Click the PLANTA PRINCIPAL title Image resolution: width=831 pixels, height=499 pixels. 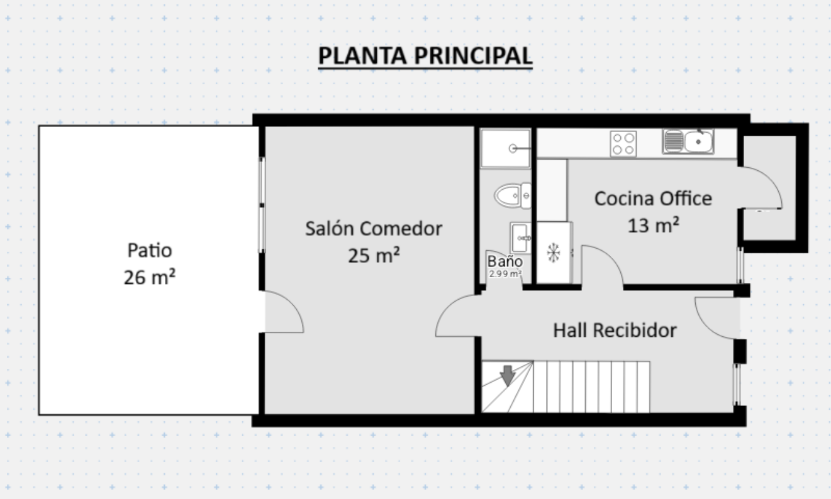pos(425,56)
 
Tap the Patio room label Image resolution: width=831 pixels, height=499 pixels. pos(150,250)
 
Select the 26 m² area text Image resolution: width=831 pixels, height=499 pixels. pos(149,277)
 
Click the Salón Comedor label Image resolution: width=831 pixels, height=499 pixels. pos(374,228)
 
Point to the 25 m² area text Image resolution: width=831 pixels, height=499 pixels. pos(374,255)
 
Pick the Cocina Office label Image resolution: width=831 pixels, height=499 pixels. pos(654,199)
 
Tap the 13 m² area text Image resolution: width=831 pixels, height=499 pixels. pos(654,225)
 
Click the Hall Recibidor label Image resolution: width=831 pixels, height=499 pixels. pos(615,331)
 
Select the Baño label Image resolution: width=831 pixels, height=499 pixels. pos(505,261)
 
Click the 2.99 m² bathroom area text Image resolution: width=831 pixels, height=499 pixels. pos(505,274)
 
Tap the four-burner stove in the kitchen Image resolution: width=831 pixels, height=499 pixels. pos(623,144)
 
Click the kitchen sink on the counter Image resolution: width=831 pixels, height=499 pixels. pos(688,141)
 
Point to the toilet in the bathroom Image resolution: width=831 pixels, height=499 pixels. pos(513,195)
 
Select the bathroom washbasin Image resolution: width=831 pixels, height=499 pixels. pos(520,238)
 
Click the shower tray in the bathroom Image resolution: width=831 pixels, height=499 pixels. pos(505,148)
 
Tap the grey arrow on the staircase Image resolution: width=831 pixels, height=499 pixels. pos(508,376)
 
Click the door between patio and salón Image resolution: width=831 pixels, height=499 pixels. pos(284,312)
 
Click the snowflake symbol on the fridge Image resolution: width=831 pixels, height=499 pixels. pos(553,253)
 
